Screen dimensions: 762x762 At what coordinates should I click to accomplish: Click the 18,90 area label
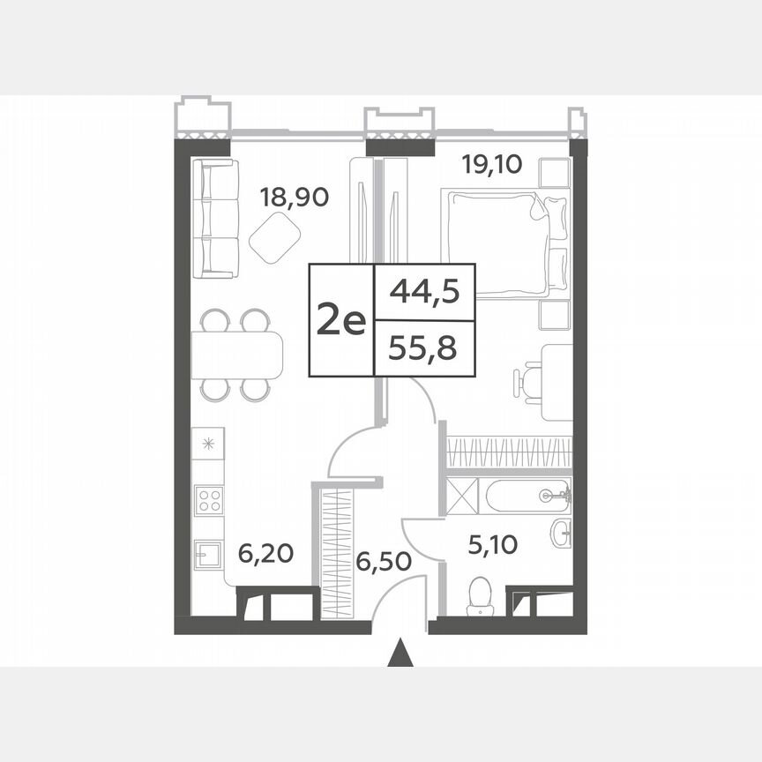[x=294, y=196]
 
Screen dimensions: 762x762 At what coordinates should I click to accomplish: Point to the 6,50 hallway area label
[x=384, y=560]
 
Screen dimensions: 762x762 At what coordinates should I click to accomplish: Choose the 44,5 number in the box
[x=425, y=291]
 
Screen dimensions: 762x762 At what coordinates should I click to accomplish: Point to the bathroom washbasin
[x=561, y=532]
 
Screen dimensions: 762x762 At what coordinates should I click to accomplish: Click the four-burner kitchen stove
[x=209, y=500]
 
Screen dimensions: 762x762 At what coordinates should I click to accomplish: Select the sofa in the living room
[x=215, y=219]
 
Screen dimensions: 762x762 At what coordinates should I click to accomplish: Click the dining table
[x=236, y=355]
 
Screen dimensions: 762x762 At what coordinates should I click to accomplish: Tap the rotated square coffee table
[x=275, y=237]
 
